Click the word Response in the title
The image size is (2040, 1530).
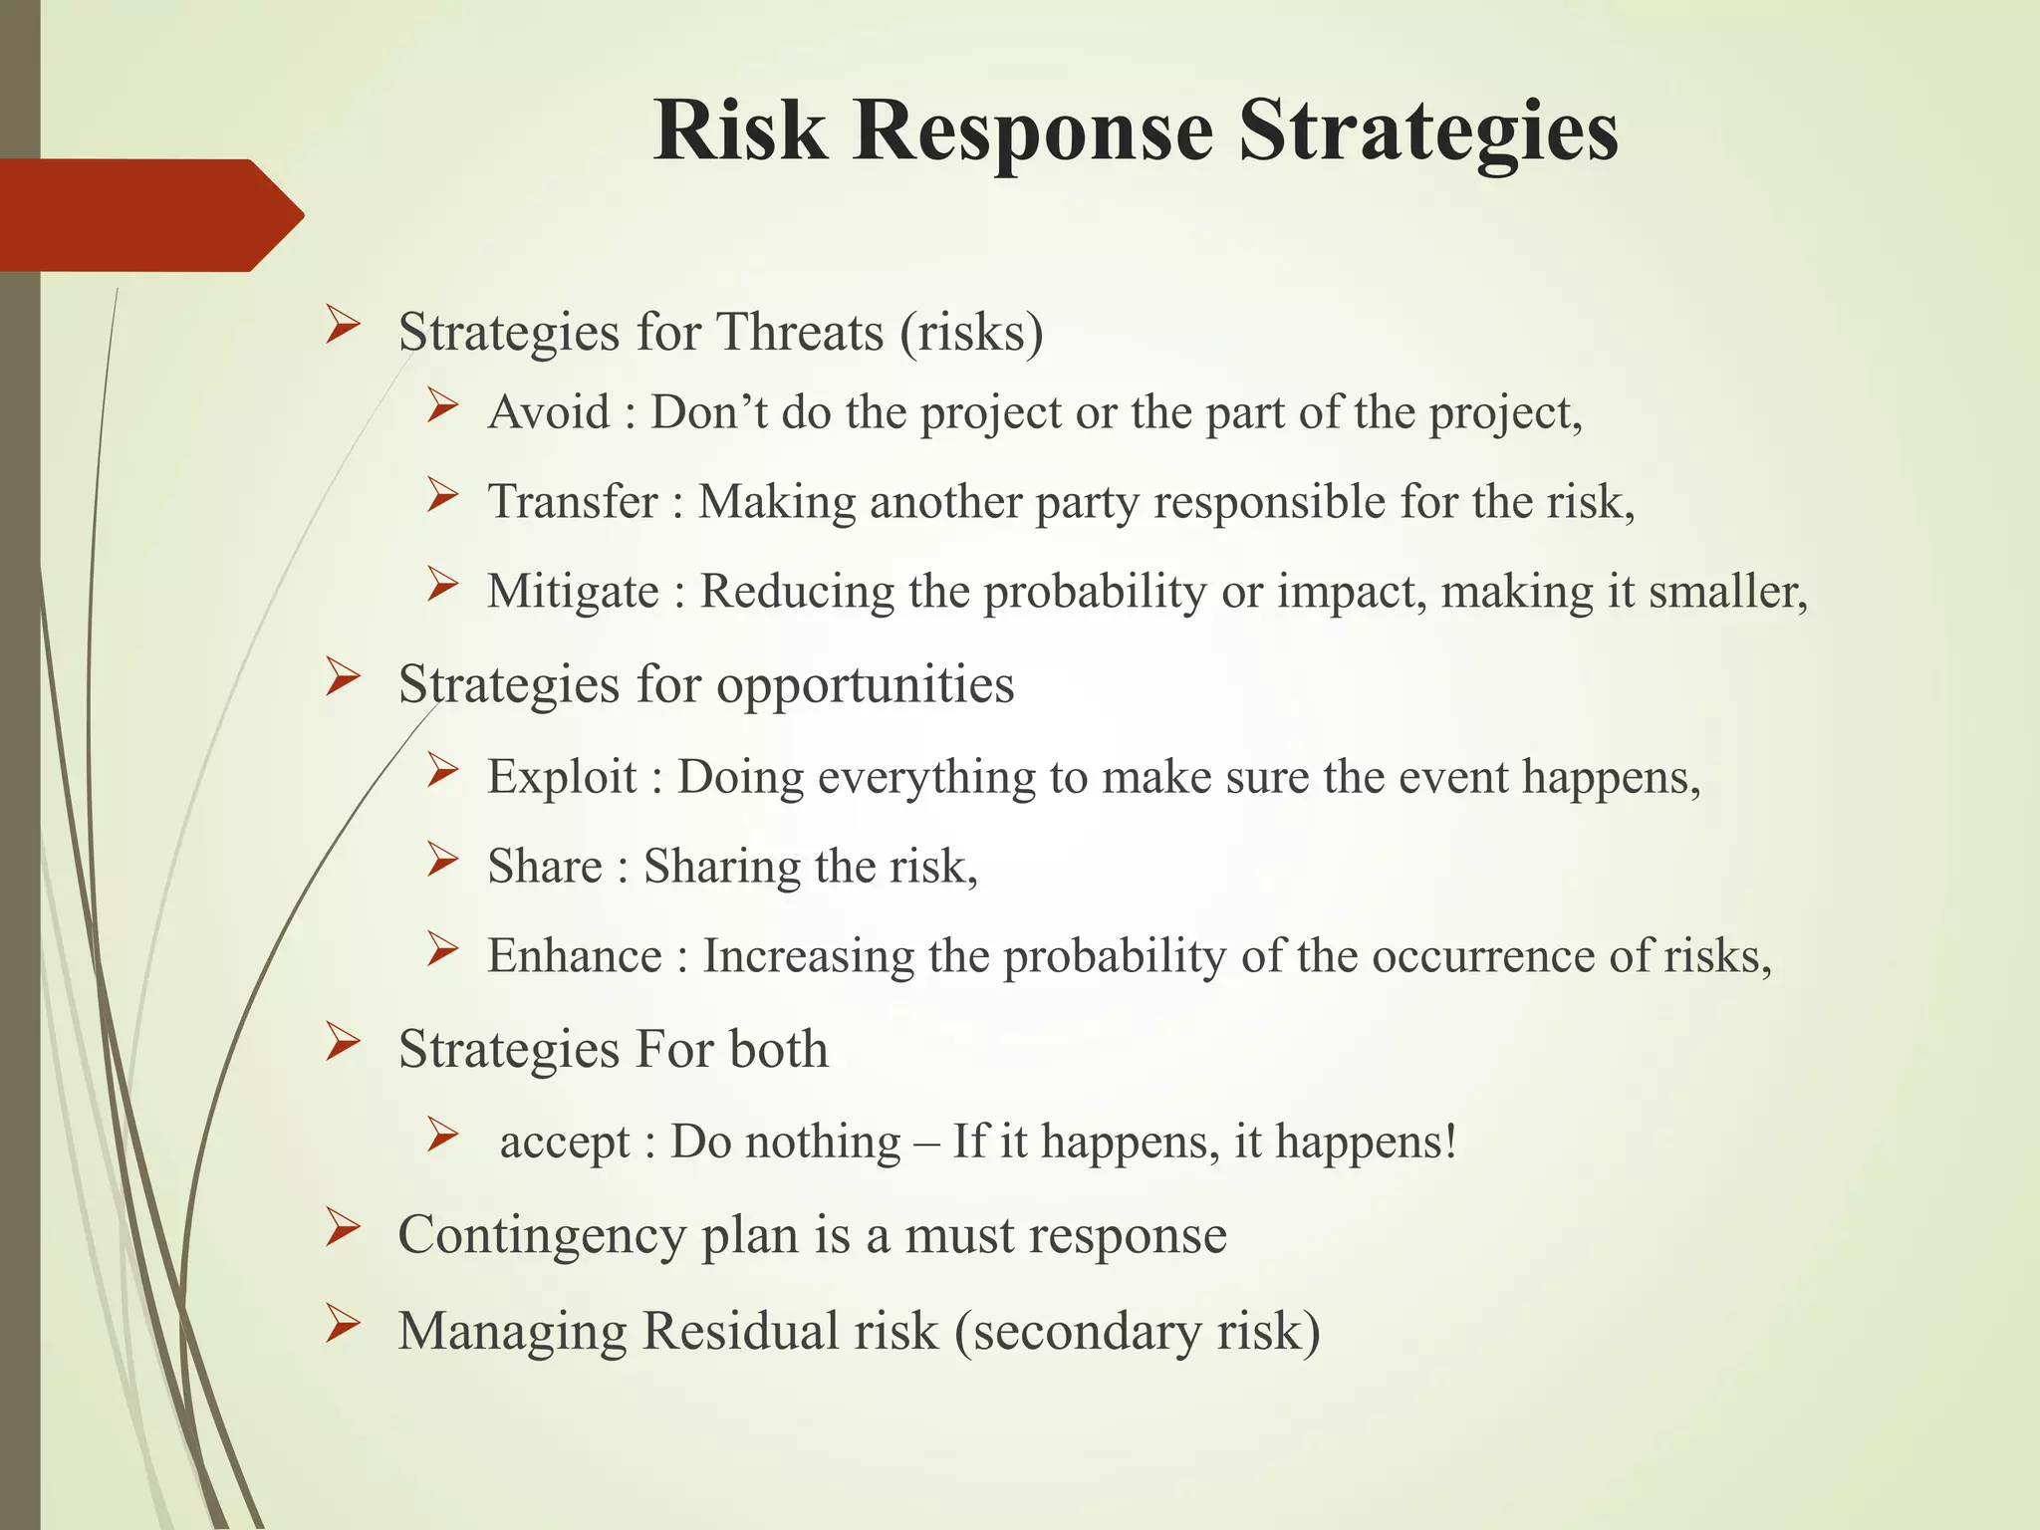1032,133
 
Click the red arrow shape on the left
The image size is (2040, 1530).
149,215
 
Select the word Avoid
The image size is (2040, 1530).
549,412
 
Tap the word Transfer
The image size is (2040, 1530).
573,501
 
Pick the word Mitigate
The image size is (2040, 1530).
573,592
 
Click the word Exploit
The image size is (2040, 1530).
562,777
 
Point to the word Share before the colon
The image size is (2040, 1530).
545,867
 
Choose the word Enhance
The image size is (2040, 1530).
574,956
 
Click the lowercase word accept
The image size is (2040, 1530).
565,1143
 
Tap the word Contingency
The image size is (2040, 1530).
542,1236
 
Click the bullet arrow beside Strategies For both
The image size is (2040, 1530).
342,1044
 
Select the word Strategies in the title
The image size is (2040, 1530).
1427,133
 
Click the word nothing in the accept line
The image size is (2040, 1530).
823,1143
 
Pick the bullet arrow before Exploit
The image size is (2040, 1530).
441,770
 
